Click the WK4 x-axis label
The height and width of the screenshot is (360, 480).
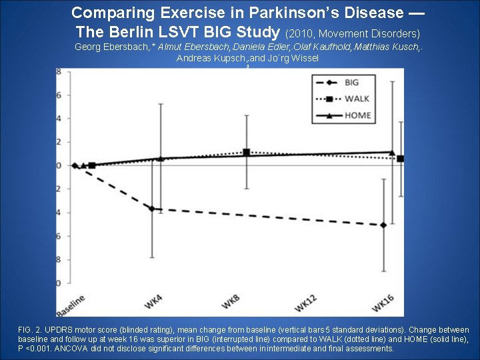[153, 301]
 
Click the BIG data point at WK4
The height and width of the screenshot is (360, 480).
[152, 209]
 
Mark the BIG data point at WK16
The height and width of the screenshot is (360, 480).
[383, 225]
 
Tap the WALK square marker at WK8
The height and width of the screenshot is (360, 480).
[247, 152]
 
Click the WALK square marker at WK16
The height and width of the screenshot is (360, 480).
[400, 159]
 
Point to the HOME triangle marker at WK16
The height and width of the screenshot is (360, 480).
[391, 153]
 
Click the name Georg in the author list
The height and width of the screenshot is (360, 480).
[89, 47]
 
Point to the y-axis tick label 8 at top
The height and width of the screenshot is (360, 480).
[59, 71]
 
